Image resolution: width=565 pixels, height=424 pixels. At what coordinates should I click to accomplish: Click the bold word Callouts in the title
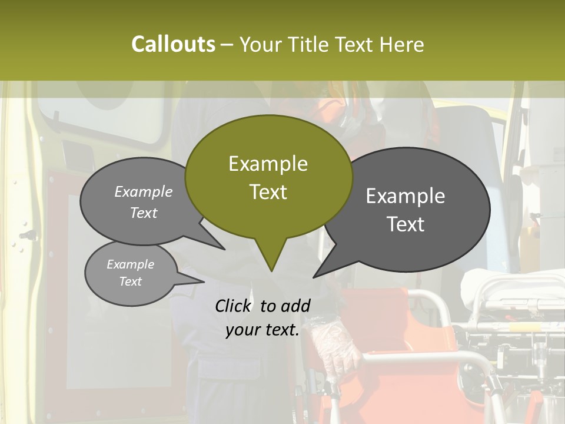point(173,44)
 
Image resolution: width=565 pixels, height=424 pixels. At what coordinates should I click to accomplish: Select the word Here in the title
point(402,44)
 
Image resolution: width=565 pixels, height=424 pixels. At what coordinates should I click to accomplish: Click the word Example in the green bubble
point(268,164)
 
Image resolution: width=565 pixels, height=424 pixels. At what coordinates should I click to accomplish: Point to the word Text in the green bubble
point(268,192)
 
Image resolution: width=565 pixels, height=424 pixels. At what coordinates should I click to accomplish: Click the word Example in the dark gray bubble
point(406,196)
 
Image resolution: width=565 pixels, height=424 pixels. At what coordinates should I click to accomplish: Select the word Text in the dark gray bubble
point(406,224)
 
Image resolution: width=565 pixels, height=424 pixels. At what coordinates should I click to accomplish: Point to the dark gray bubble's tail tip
point(314,276)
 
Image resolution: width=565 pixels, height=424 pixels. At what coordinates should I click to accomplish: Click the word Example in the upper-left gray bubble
point(144,192)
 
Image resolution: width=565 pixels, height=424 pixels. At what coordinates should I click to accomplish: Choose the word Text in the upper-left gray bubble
point(144,213)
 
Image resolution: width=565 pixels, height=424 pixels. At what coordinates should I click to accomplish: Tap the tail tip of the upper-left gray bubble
point(224,249)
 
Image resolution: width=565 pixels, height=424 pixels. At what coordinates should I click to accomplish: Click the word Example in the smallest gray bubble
point(130,264)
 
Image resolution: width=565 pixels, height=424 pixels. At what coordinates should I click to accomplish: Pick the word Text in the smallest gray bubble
point(130,281)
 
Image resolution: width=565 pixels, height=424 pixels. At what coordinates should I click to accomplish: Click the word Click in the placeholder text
point(233,306)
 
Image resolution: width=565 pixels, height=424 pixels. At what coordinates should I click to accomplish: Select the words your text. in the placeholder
point(262,330)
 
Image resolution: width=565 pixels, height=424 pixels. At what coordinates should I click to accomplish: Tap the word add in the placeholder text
point(295,306)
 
